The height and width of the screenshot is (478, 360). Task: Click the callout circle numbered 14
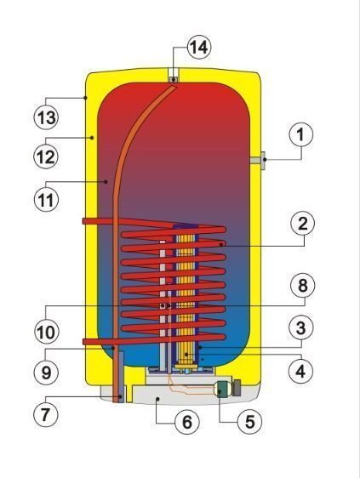199,48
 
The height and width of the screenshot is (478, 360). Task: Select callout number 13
46,117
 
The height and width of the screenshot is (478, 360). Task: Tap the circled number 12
46,156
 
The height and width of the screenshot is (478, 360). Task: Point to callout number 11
46,200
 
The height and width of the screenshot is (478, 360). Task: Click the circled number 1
300,134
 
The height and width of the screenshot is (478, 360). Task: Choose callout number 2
302,224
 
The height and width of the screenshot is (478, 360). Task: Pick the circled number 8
302,286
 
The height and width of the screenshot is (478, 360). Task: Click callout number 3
300,328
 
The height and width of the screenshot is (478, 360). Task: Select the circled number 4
300,371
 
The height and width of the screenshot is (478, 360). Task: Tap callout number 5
250,422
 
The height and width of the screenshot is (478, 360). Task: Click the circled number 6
187,422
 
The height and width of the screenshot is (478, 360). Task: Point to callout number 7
46,414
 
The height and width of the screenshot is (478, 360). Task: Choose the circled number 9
46,372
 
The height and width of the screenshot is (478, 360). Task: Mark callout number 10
46,331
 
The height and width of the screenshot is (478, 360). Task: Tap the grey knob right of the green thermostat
237,387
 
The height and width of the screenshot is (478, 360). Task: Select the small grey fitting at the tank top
174,80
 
